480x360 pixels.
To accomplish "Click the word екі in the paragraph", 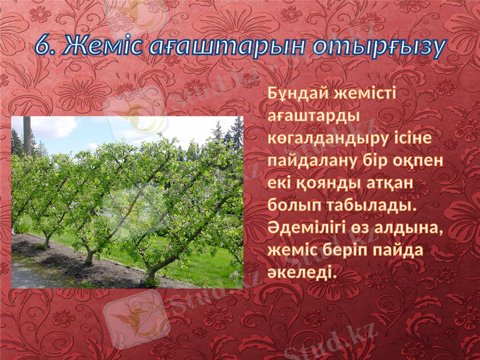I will pos(279,184).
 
